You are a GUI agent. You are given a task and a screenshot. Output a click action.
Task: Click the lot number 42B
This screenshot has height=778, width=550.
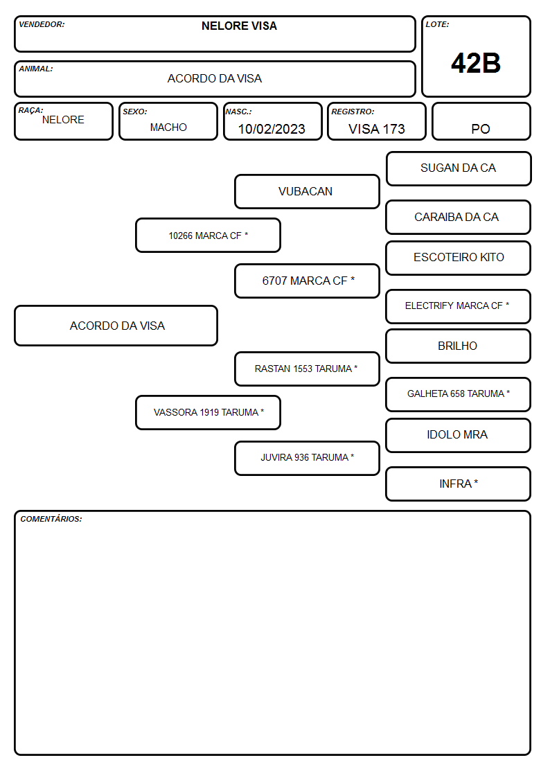(x=476, y=63)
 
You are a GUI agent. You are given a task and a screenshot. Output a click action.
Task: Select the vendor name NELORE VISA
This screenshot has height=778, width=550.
(x=239, y=26)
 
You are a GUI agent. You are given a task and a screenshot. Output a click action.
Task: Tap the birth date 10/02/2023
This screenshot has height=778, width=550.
(x=272, y=129)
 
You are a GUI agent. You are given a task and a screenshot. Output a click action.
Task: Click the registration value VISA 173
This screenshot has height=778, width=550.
(x=376, y=129)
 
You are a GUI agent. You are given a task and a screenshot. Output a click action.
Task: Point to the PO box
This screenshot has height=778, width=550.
(x=481, y=121)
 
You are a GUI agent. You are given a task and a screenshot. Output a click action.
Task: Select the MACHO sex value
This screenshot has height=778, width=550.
(x=168, y=127)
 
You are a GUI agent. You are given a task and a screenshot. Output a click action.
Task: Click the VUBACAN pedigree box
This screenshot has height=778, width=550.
(x=307, y=191)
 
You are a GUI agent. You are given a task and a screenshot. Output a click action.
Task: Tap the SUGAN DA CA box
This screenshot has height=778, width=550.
(x=459, y=169)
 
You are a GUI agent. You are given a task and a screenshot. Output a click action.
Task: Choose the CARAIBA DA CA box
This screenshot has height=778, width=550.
(x=459, y=218)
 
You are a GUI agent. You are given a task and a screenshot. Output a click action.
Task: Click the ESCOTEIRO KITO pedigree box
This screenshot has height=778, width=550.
(x=459, y=258)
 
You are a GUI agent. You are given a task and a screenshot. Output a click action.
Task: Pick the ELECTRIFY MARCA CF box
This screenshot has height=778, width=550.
(x=459, y=307)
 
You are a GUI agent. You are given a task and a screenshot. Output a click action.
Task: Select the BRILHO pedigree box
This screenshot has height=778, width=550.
(x=459, y=346)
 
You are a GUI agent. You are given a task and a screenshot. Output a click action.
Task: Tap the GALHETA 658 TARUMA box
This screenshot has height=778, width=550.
(x=459, y=394)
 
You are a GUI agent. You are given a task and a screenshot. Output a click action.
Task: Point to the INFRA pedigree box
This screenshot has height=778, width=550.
(x=459, y=484)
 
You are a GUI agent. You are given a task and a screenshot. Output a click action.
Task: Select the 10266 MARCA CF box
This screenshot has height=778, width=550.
(x=209, y=235)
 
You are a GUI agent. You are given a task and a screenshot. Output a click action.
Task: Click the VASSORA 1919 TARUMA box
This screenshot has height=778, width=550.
(x=209, y=412)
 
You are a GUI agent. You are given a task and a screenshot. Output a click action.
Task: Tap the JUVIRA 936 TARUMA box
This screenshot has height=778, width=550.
(x=307, y=459)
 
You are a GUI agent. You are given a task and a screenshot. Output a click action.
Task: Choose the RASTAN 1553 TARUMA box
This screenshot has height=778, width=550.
(x=307, y=369)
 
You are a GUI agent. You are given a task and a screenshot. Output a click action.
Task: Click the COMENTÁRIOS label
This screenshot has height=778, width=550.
(x=51, y=519)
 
